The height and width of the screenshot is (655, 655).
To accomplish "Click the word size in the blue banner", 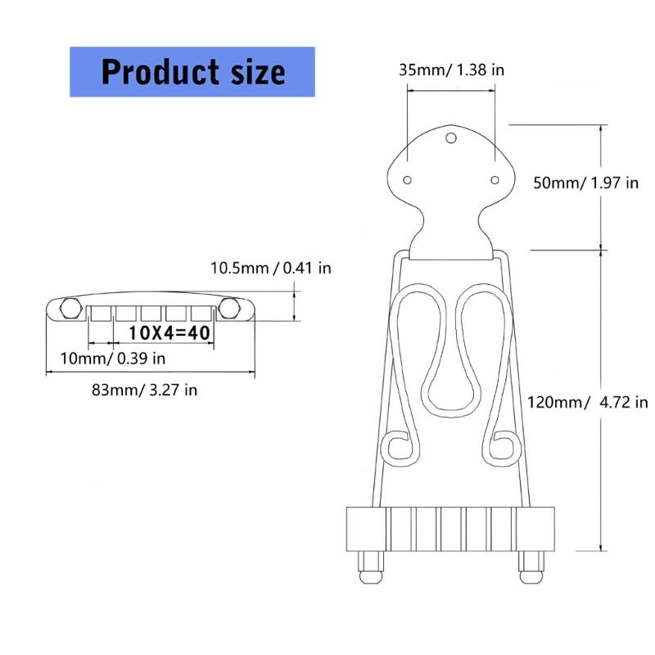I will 253,72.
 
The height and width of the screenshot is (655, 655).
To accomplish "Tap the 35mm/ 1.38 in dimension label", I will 451,70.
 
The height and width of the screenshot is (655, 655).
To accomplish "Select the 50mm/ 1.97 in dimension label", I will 585,183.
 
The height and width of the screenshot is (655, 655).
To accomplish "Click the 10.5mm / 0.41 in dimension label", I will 270,268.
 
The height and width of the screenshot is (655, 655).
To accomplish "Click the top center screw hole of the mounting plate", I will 451,138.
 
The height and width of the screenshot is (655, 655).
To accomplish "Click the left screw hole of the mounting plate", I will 407,179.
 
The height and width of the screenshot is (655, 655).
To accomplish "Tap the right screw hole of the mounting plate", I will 495,179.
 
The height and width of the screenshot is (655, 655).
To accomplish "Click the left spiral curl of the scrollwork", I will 400,449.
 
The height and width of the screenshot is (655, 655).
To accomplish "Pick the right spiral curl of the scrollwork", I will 502,449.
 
